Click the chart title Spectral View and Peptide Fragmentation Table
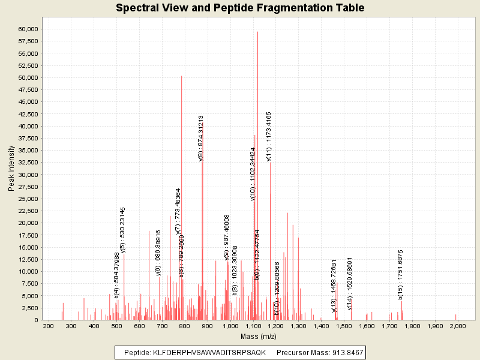tap(240, 8)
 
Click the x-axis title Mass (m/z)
tap(259, 337)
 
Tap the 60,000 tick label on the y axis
tap(28, 29)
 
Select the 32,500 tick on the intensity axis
tap(28, 162)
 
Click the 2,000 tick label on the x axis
tap(457, 326)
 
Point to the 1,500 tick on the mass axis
tap(344, 326)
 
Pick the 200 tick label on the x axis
tap(48, 326)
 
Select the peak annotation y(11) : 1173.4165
tap(269, 136)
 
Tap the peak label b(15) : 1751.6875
tap(400, 274)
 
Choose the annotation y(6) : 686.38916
tap(158, 253)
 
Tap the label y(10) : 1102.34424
tap(253, 174)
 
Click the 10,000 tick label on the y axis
tap(28, 271)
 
